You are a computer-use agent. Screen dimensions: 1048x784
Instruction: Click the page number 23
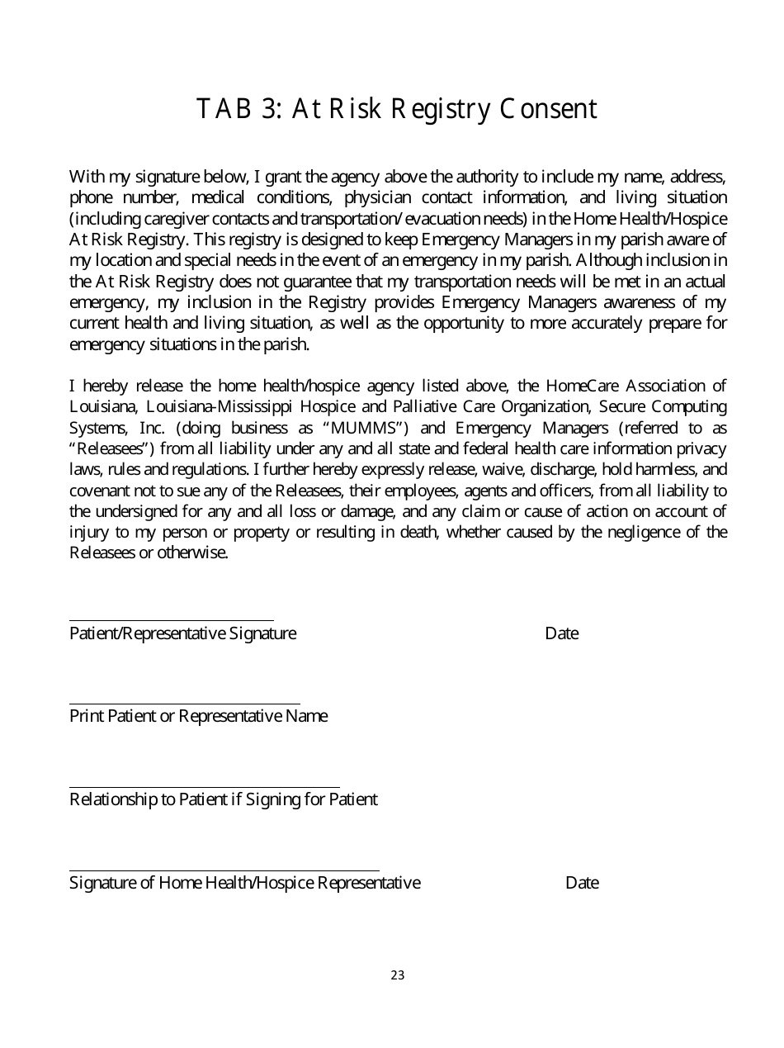click(398, 975)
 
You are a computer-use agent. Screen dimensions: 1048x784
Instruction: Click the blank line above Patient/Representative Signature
click(171, 620)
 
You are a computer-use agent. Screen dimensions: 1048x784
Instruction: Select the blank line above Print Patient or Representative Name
click(184, 704)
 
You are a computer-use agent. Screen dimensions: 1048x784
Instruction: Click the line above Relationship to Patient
click(204, 788)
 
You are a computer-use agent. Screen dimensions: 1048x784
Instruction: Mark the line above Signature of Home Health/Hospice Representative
click(224, 871)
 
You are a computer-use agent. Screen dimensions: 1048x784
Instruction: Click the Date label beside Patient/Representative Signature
click(561, 633)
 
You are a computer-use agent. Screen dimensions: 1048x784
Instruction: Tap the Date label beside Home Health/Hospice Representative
click(582, 883)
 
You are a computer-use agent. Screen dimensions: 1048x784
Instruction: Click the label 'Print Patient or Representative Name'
click(198, 716)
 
